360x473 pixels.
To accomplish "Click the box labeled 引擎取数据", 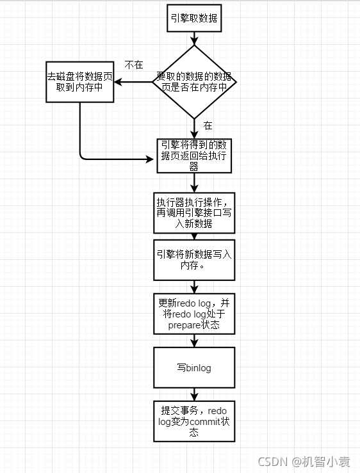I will pyautogui.click(x=194, y=19).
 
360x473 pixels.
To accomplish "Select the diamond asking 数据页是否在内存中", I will pyautogui.click(x=194, y=81).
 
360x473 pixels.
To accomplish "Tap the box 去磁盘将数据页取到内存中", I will pyautogui.click(x=79, y=81).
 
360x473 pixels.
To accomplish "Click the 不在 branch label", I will pyautogui.click(x=133, y=65).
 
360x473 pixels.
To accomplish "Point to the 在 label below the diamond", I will pyautogui.click(x=208, y=125).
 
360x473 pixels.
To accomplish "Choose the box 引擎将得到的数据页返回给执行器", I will pyautogui.click(x=194, y=155).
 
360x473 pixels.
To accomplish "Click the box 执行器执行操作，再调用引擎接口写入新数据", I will pyautogui.click(x=194, y=212).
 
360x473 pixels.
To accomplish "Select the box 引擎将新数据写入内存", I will pyautogui.click(x=194, y=259).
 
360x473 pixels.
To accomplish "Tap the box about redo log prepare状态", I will pyautogui.click(x=194, y=314).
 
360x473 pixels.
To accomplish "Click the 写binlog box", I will pyautogui.click(x=194, y=368).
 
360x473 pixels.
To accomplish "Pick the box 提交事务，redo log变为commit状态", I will pyautogui.click(x=194, y=421).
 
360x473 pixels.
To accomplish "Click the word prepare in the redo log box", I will pyautogui.click(x=184, y=325).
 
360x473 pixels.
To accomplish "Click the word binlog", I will pyautogui.click(x=199, y=368).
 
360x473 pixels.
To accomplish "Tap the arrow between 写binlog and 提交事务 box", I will pyautogui.click(x=194, y=395).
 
